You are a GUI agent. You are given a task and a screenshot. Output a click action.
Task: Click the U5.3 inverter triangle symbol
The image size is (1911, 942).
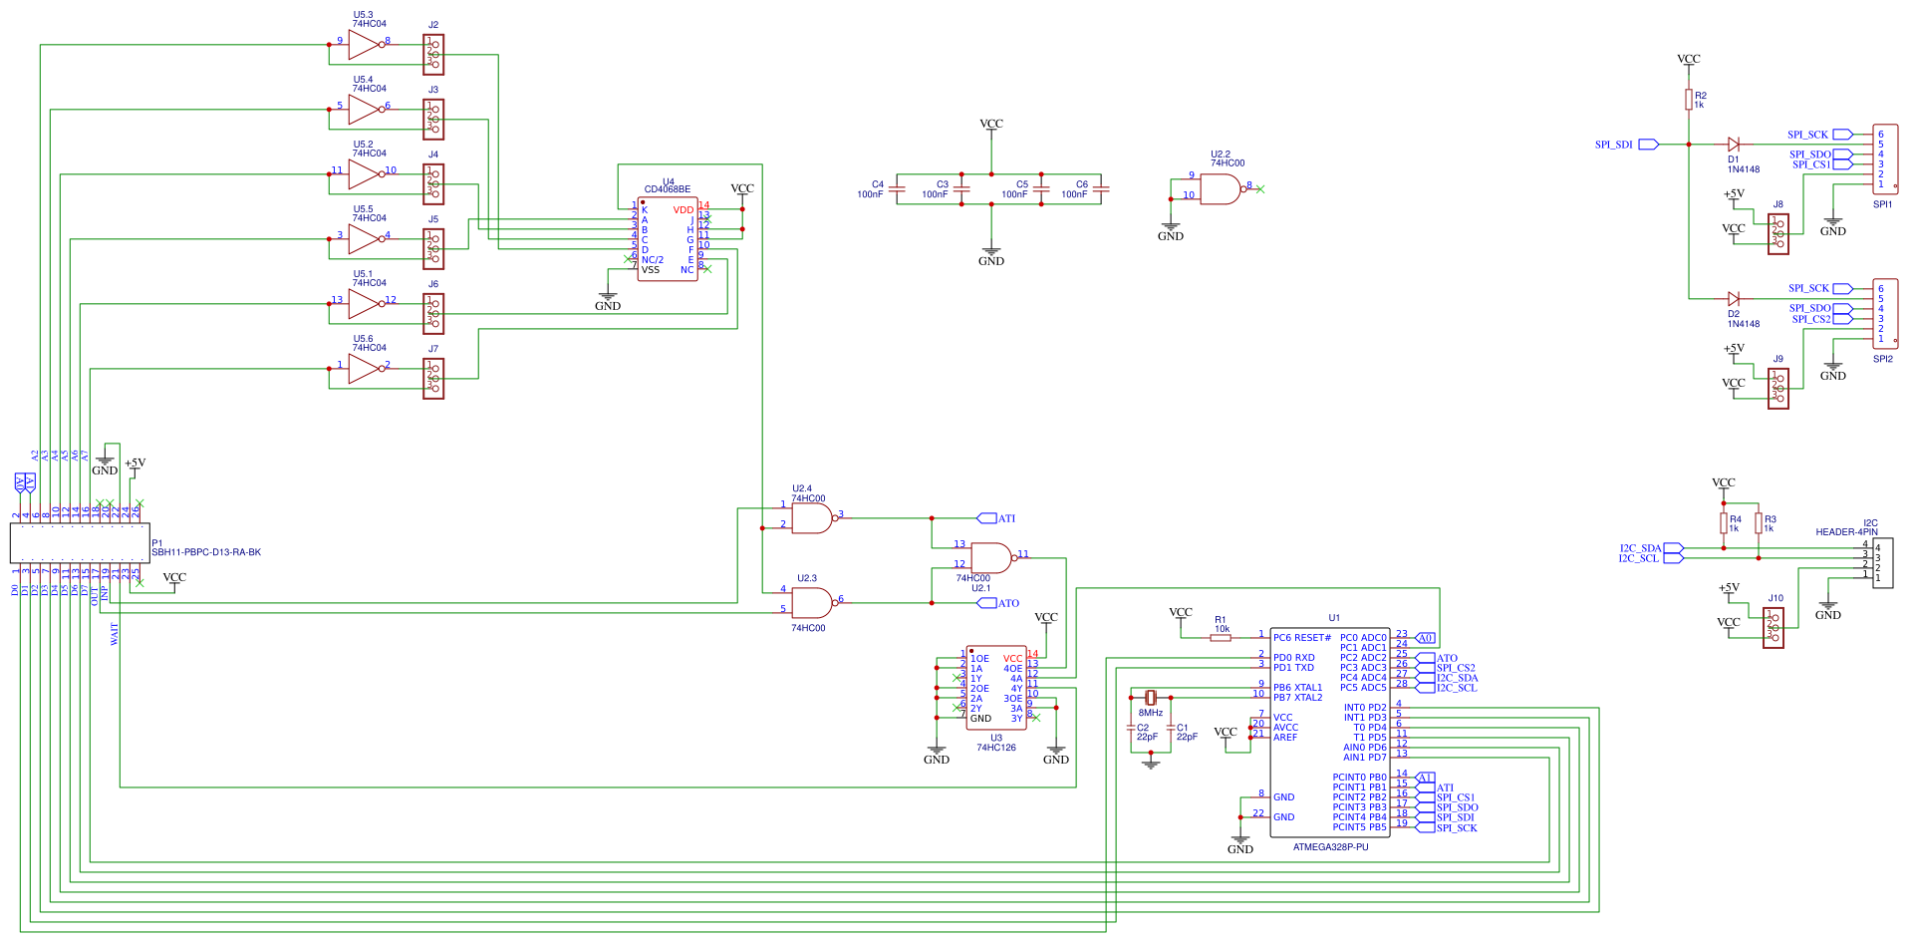click(x=363, y=45)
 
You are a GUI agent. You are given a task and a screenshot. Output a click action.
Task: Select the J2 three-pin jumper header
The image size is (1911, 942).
click(x=433, y=55)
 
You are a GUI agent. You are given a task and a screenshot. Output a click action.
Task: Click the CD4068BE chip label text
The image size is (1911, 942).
click(x=667, y=189)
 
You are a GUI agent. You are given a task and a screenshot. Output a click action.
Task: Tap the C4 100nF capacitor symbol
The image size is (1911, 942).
click(x=897, y=188)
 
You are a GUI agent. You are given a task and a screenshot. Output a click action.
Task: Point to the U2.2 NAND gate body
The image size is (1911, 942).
click(x=1220, y=189)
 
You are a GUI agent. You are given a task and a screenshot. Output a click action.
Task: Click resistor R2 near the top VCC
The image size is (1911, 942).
click(x=1689, y=100)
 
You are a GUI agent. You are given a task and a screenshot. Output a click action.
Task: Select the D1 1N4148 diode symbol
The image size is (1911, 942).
click(x=1734, y=145)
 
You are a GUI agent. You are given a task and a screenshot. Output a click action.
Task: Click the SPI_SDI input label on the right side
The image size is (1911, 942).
click(x=1614, y=145)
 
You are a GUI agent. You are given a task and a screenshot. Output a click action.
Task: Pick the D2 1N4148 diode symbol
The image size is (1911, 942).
click(x=1734, y=299)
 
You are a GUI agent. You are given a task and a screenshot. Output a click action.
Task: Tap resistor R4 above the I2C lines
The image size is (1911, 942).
click(x=1724, y=523)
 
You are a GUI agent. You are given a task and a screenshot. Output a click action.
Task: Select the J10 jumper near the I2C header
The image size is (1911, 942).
click(x=1774, y=628)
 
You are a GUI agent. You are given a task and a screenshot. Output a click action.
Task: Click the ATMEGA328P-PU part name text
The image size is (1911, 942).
click(x=1330, y=847)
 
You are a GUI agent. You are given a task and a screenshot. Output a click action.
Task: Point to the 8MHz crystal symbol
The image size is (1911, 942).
click(x=1151, y=698)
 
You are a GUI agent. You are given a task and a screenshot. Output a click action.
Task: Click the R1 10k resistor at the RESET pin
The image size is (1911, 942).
click(x=1221, y=638)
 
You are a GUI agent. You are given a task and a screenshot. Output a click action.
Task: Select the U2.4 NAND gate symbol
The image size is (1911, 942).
click(x=812, y=518)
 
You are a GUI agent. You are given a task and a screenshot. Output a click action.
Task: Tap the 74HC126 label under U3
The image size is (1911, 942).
click(x=996, y=748)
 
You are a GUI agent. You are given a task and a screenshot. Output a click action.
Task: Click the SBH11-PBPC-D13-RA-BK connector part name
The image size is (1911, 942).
click(x=206, y=552)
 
